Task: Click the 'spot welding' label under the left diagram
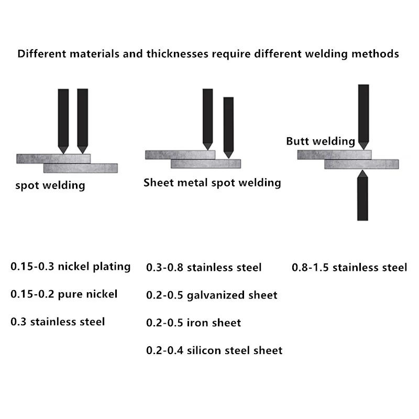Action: point(50,185)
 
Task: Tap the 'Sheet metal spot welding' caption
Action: point(212,183)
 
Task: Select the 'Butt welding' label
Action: point(321,141)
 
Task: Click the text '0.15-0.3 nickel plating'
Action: point(71,267)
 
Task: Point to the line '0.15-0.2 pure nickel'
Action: point(64,294)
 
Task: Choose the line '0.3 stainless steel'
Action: point(58,321)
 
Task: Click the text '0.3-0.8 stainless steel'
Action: point(204,268)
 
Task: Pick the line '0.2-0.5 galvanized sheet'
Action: point(212,295)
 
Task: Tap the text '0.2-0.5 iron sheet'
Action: point(193,323)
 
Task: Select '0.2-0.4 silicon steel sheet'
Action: point(214,350)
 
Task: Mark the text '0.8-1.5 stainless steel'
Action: point(349,268)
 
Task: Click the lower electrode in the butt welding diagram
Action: point(362,196)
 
